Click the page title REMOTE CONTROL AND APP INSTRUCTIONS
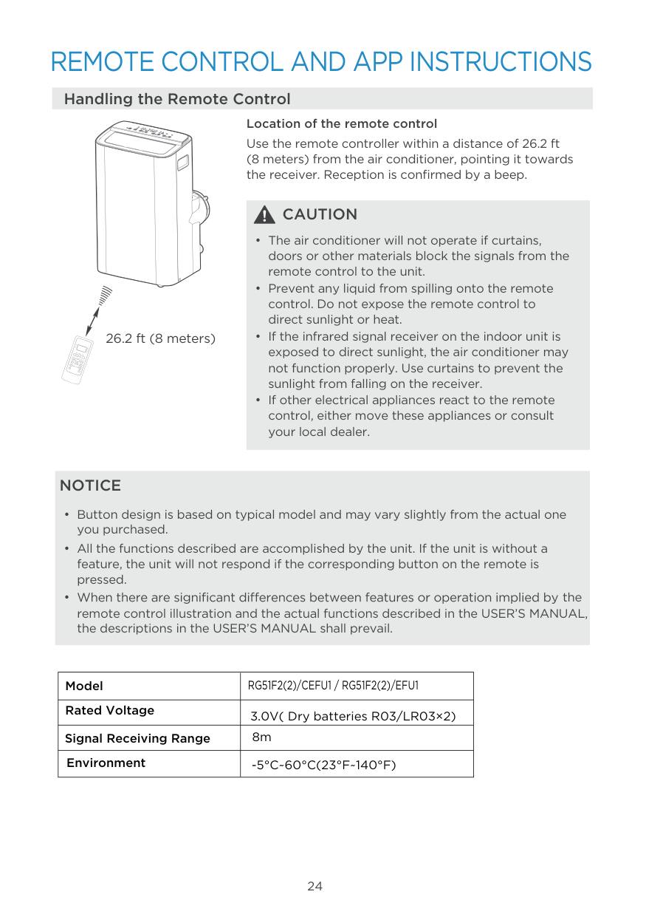coord(321,62)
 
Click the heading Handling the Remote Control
coord(177,99)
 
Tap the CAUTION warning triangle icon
coord(264,215)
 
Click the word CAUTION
coord(320,215)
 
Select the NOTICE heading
coord(90,485)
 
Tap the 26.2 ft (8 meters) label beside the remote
coord(161,339)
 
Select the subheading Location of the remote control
coord(341,123)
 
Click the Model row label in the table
coord(84,686)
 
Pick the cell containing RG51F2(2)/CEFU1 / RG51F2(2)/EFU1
coord(332,686)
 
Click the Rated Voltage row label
coord(109,711)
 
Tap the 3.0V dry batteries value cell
coord(353,716)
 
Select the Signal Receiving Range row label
coord(137,738)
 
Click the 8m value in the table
coord(262,737)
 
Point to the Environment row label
coord(106,763)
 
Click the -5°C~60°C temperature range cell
coord(323,765)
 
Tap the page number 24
coord(315,886)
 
